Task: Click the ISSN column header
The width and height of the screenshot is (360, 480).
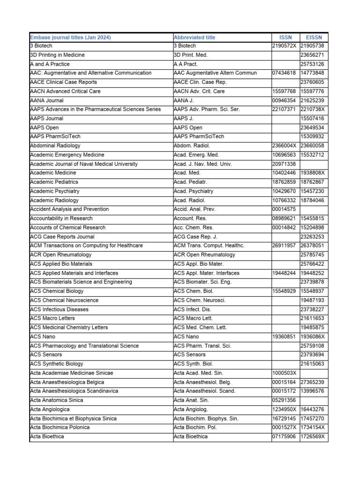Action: click(285, 37)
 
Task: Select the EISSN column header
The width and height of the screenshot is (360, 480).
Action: click(314, 37)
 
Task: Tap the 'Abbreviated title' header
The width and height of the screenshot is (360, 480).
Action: click(195, 37)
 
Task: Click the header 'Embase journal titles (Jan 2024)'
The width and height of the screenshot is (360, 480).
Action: click(70, 37)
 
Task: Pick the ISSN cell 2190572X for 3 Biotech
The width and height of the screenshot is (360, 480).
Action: click(285, 46)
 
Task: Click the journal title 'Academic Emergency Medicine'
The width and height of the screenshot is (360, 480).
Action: click(67, 155)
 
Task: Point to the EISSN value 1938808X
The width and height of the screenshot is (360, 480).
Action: click(313, 173)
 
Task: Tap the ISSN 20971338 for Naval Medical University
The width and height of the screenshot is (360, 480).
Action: click(284, 164)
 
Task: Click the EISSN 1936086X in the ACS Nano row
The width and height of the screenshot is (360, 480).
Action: click(313, 337)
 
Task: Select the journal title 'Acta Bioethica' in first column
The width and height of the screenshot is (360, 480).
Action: click(47, 436)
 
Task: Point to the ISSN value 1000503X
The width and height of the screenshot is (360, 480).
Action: click(284, 373)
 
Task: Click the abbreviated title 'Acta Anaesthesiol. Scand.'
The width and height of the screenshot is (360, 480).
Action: click(204, 391)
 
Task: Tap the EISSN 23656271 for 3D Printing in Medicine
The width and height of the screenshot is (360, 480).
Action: click(313, 55)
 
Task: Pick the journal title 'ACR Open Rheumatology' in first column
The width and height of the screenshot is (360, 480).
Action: click(60, 255)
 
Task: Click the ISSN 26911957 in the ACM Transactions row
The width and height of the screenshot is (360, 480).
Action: click(284, 246)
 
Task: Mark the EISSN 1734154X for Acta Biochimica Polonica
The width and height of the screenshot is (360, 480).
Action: click(313, 427)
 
